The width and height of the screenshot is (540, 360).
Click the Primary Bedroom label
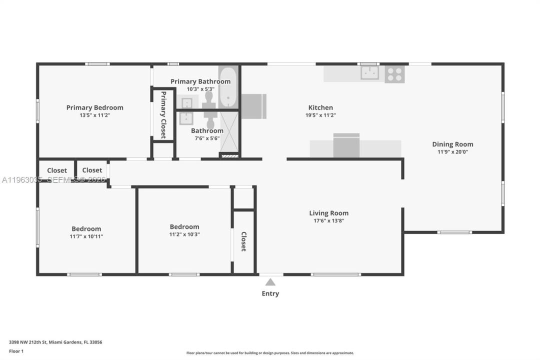[94, 107]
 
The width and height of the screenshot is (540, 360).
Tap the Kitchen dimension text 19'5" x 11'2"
[320, 115]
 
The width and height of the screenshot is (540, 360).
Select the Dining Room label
[452, 144]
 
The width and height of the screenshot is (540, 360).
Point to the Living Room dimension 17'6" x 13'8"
[328, 220]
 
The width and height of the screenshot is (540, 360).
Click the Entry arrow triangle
[270, 282]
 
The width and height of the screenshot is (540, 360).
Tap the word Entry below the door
[270, 293]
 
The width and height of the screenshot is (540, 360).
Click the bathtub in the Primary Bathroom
[228, 87]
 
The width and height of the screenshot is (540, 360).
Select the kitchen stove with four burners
[394, 74]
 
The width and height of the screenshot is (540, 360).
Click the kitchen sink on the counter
[369, 73]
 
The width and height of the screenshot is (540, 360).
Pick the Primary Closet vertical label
[163, 114]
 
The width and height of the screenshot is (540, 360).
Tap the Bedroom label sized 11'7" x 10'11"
[86, 228]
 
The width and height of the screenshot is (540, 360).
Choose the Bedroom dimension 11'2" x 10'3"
[184, 234]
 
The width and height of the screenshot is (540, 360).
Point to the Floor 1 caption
[16, 351]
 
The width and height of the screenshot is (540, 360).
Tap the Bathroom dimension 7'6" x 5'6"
[207, 138]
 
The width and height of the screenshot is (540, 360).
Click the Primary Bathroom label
[200, 81]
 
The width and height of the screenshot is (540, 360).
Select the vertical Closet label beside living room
[244, 241]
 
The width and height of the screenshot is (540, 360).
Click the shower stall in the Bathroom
[229, 131]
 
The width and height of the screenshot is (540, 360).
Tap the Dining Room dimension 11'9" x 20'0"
[452, 152]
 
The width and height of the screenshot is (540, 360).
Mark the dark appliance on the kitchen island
[346, 145]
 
